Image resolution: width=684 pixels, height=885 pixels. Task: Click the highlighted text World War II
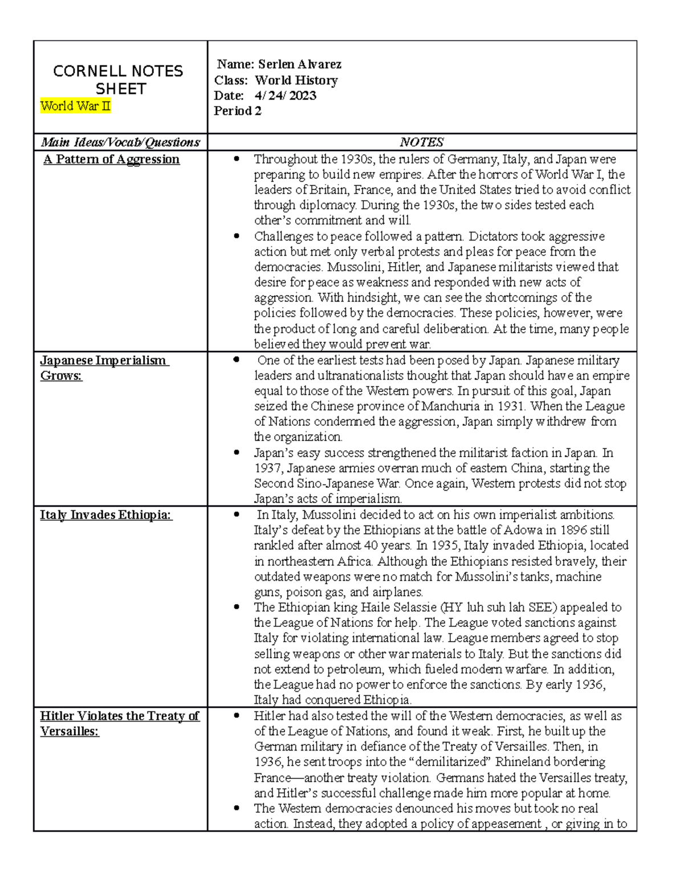(x=75, y=106)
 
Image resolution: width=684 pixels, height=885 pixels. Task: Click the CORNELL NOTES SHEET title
(x=119, y=80)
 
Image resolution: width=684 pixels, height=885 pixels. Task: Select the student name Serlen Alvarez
(x=300, y=64)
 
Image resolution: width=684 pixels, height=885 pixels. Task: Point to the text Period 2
(x=238, y=111)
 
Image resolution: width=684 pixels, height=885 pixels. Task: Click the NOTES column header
(x=422, y=142)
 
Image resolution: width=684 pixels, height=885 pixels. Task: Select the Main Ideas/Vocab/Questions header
(x=120, y=142)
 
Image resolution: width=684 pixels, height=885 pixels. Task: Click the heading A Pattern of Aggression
(x=112, y=160)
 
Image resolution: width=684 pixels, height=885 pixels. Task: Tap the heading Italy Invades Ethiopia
(x=106, y=515)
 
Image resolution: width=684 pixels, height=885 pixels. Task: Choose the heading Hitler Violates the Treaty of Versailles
(x=120, y=723)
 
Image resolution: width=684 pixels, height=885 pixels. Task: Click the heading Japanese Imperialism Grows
(x=103, y=368)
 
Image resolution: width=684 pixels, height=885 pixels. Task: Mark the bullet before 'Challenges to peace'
(x=237, y=236)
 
